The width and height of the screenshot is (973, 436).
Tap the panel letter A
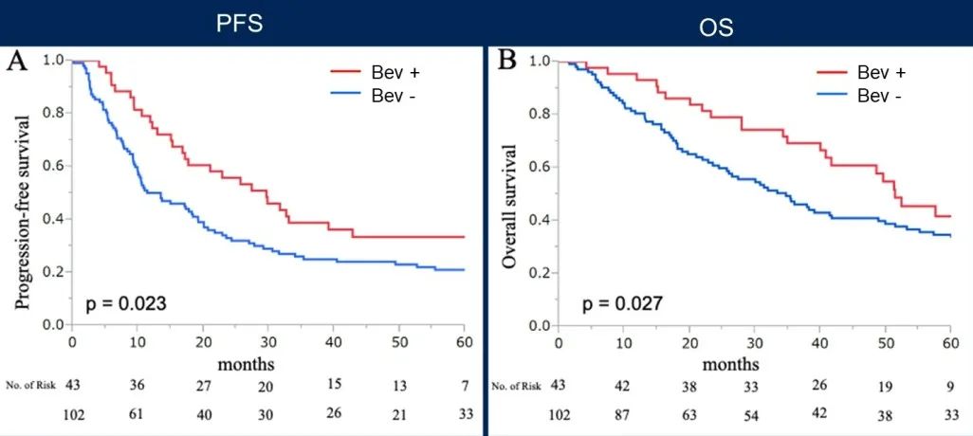coord(17,63)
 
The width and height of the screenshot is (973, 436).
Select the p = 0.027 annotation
coord(621,303)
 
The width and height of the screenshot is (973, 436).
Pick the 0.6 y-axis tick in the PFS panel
coord(53,166)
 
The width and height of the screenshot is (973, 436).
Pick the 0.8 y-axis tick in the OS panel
coord(540,114)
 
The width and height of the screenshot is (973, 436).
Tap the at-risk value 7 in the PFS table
coord(464,387)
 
